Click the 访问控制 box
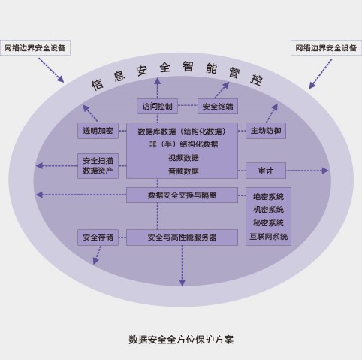click(x=157, y=106)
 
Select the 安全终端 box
click(x=218, y=106)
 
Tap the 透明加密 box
click(x=98, y=131)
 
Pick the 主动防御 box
click(x=266, y=131)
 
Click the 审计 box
click(x=266, y=171)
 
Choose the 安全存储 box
click(x=98, y=237)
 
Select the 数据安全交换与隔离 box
click(x=182, y=195)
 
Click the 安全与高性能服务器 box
click(x=182, y=237)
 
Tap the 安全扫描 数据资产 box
click(x=98, y=166)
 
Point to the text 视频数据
click(x=183, y=158)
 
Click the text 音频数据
click(x=183, y=171)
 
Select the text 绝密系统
click(x=268, y=196)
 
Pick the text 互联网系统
click(x=268, y=236)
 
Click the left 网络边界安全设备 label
click(x=35, y=47)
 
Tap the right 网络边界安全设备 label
click(x=326, y=47)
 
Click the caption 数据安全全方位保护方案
click(x=181, y=340)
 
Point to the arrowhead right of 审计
click(x=325, y=171)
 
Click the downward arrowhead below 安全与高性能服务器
click(x=183, y=283)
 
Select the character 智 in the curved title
click(x=188, y=66)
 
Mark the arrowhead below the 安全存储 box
click(x=95, y=261)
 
